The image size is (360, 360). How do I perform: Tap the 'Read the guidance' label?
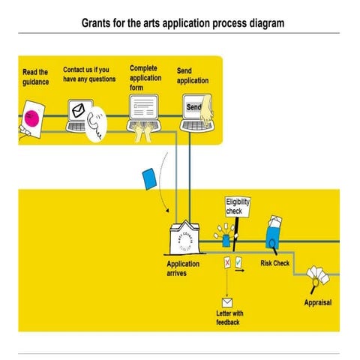point(35,77)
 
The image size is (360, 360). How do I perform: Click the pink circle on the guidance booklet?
point(31,118)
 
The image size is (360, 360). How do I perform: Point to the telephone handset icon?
point(97,124)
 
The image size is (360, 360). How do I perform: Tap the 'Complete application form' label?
point(145,77)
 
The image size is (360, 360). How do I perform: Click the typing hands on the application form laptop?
point(143,132)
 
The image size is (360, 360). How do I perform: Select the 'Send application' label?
point(193,76)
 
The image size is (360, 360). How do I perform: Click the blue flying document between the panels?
point(149,178)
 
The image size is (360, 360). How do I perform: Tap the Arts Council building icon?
point(184,239)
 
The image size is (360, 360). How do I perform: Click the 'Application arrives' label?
point(183,268)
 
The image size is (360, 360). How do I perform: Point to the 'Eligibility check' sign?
point(238,207)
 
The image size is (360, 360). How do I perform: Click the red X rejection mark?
point(226,262)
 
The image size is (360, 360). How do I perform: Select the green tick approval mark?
point(238,262)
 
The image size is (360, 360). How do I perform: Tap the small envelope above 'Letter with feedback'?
point(226,301)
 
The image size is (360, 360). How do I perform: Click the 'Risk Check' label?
point(274,264)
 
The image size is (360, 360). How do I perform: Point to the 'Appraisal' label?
point(317,303)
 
